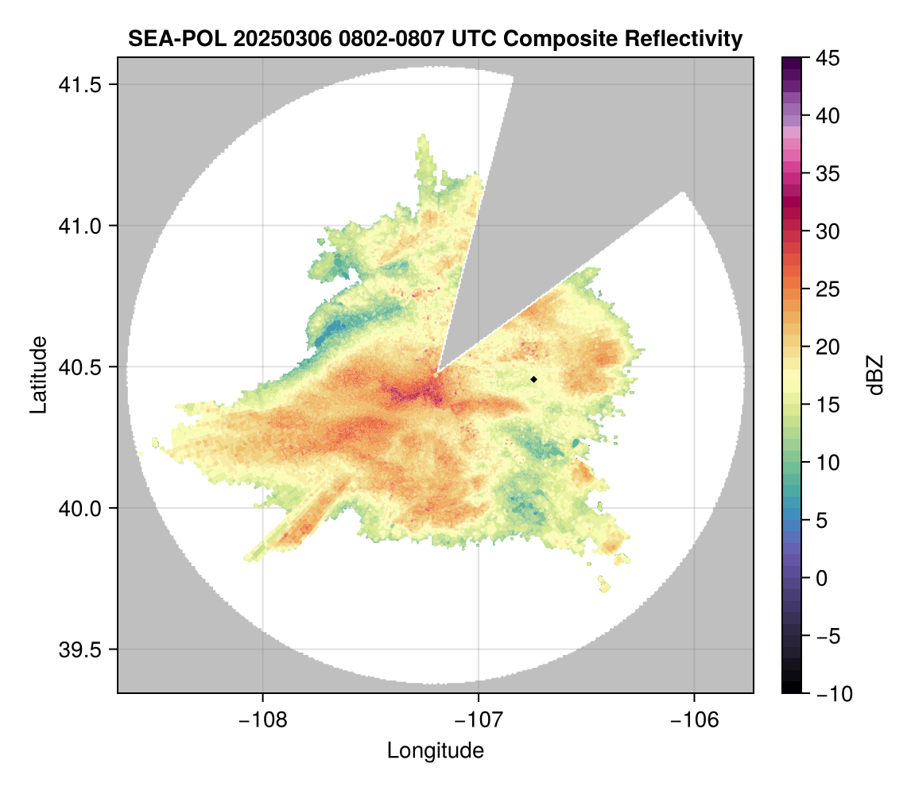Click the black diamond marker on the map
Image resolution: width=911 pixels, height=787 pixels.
(534, 379)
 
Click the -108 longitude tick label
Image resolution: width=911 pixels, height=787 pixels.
(262, 720)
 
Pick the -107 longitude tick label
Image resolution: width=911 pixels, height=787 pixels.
(479, 720)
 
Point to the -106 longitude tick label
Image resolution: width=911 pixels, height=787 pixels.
(695, 720)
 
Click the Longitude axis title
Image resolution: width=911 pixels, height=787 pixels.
(435, 750)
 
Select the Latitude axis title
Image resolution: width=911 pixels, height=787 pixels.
(38, 374)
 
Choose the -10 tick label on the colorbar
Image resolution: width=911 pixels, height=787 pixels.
(832, 693)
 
